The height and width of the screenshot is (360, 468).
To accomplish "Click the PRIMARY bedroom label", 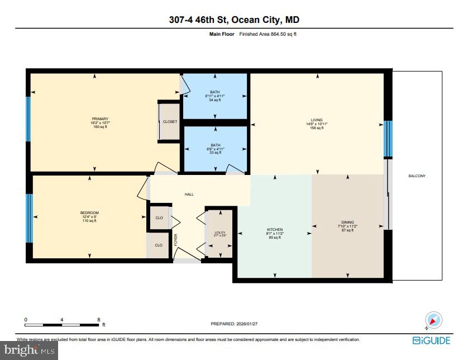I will pyautogui.click(x=100, y=119).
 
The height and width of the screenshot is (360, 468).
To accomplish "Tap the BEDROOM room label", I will pyautogui.click(x=89, y=213).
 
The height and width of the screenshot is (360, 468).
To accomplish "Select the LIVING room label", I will pyautogui.click(x=317, y=120).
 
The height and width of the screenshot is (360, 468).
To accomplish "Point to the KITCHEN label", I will pyautogui.click(x=274, y=230).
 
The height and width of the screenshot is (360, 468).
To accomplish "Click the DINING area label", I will pyautogui.click(x=347, y=222).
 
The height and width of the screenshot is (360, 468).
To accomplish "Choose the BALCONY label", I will pyautogui.click(x=417, y=176).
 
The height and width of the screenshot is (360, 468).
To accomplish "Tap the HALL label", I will pyautogui.click(x=189, y=195).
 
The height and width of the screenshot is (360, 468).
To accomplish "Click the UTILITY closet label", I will pyautogui.click(x=219, y=232).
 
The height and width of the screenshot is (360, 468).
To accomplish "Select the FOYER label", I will pyautogui.click(x=176, y=240).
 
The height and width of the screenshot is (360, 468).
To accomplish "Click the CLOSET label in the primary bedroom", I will pyautogui.click(x=170, y=121).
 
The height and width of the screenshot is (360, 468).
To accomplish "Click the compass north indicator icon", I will pyautogui.click(x=433, y=320).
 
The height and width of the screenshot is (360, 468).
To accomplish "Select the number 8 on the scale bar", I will pyautogui.click(x=99, y=320).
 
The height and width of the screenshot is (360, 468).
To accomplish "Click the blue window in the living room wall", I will pyautogui.click(x=386, y=139).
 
